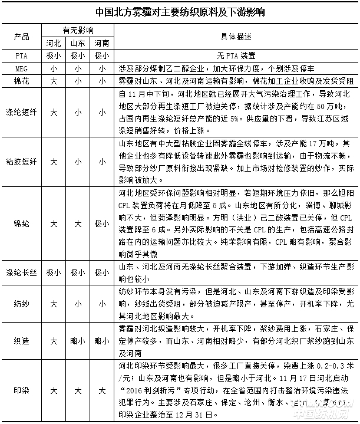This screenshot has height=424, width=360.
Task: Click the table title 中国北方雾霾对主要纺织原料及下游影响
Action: pos(180,12)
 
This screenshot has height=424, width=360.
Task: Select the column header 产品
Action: pos(21,37)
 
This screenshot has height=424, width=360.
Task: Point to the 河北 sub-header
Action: pos(54,43)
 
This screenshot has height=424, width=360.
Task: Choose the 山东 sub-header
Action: pos(77,43)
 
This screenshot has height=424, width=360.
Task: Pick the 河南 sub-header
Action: pos(101,43)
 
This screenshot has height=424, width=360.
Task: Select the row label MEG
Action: pos(21,68)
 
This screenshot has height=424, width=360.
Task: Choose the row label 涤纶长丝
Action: pos(21,273)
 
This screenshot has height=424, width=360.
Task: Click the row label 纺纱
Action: pos(21,304)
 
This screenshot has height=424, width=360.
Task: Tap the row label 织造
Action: pos(21,341)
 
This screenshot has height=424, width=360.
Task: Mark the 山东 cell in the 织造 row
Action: pos(77,341)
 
